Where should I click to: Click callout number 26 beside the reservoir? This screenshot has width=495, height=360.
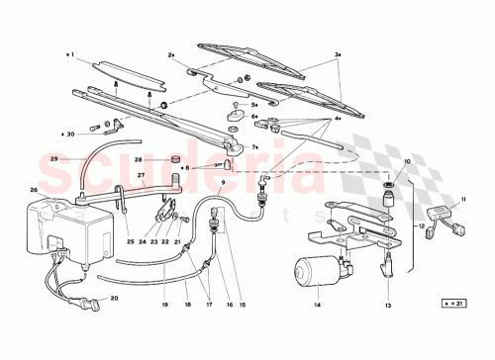pos(34,191)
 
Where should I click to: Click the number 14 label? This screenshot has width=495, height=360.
pos(319,306)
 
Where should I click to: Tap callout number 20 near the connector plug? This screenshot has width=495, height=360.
pos(114,298)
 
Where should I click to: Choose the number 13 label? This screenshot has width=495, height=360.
pos(388,306)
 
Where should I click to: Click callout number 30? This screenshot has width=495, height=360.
pos(70,133)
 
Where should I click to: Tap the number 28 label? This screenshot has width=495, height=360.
pos(140,159)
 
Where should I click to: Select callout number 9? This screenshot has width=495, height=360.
pos(223,182)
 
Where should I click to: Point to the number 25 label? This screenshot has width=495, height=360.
pos(130,241)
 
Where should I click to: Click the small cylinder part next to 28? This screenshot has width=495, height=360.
pos(171,159)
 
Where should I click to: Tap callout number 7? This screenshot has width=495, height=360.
pos(254,146)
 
